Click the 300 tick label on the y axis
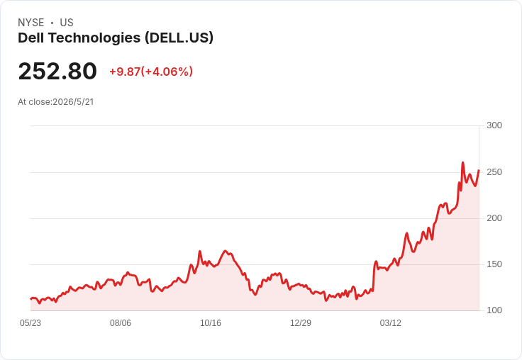click(x=494, y=125)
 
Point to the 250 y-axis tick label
click(x=494, y=172)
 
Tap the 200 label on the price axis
click(x=494, y=218)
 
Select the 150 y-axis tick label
click(x=494, y=264)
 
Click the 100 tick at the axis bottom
click(x=494, y=310)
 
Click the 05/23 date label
click(x=30, y=322)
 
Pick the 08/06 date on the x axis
click(x=121, y=322)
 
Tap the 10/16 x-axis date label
click(x=211, y=322)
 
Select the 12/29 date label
click(x=301, y=322)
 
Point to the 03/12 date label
click(x=391, y=322)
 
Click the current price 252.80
click(x=57, y=71)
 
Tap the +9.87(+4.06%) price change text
click(x=151, y=72)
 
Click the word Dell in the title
click(x=31, y=38)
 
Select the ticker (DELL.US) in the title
click(x=179, y=38)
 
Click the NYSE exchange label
click(x=31, y=23)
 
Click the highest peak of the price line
click(x=462, y=162)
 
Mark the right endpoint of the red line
click(x=479, y=170)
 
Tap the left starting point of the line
click(x=31, y=299)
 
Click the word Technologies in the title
click(x=94, y=38)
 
